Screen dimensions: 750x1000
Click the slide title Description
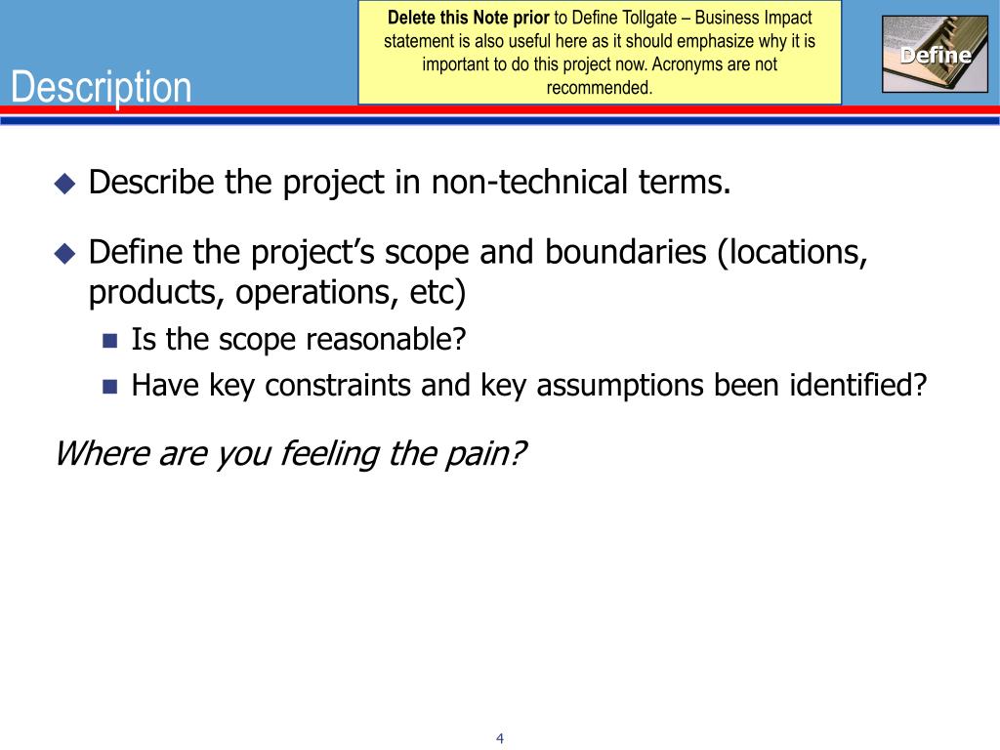click(x=102, y=87)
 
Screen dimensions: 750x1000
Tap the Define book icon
click(x=935, y=55)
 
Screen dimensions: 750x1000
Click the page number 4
click(x=500, y=738)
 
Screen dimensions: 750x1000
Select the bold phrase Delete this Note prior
click(x=470, y=18)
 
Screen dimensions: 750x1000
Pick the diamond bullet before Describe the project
click(x=64, y=184)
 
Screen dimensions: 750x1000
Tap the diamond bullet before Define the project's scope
click(x=64, y=254)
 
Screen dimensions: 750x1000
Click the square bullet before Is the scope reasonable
click(x=109, y=341)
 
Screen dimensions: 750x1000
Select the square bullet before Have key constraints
click(x=109, y=386)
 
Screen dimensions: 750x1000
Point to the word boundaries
click(x=626, y=252)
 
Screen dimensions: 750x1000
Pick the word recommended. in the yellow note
click(x=600, y=88)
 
